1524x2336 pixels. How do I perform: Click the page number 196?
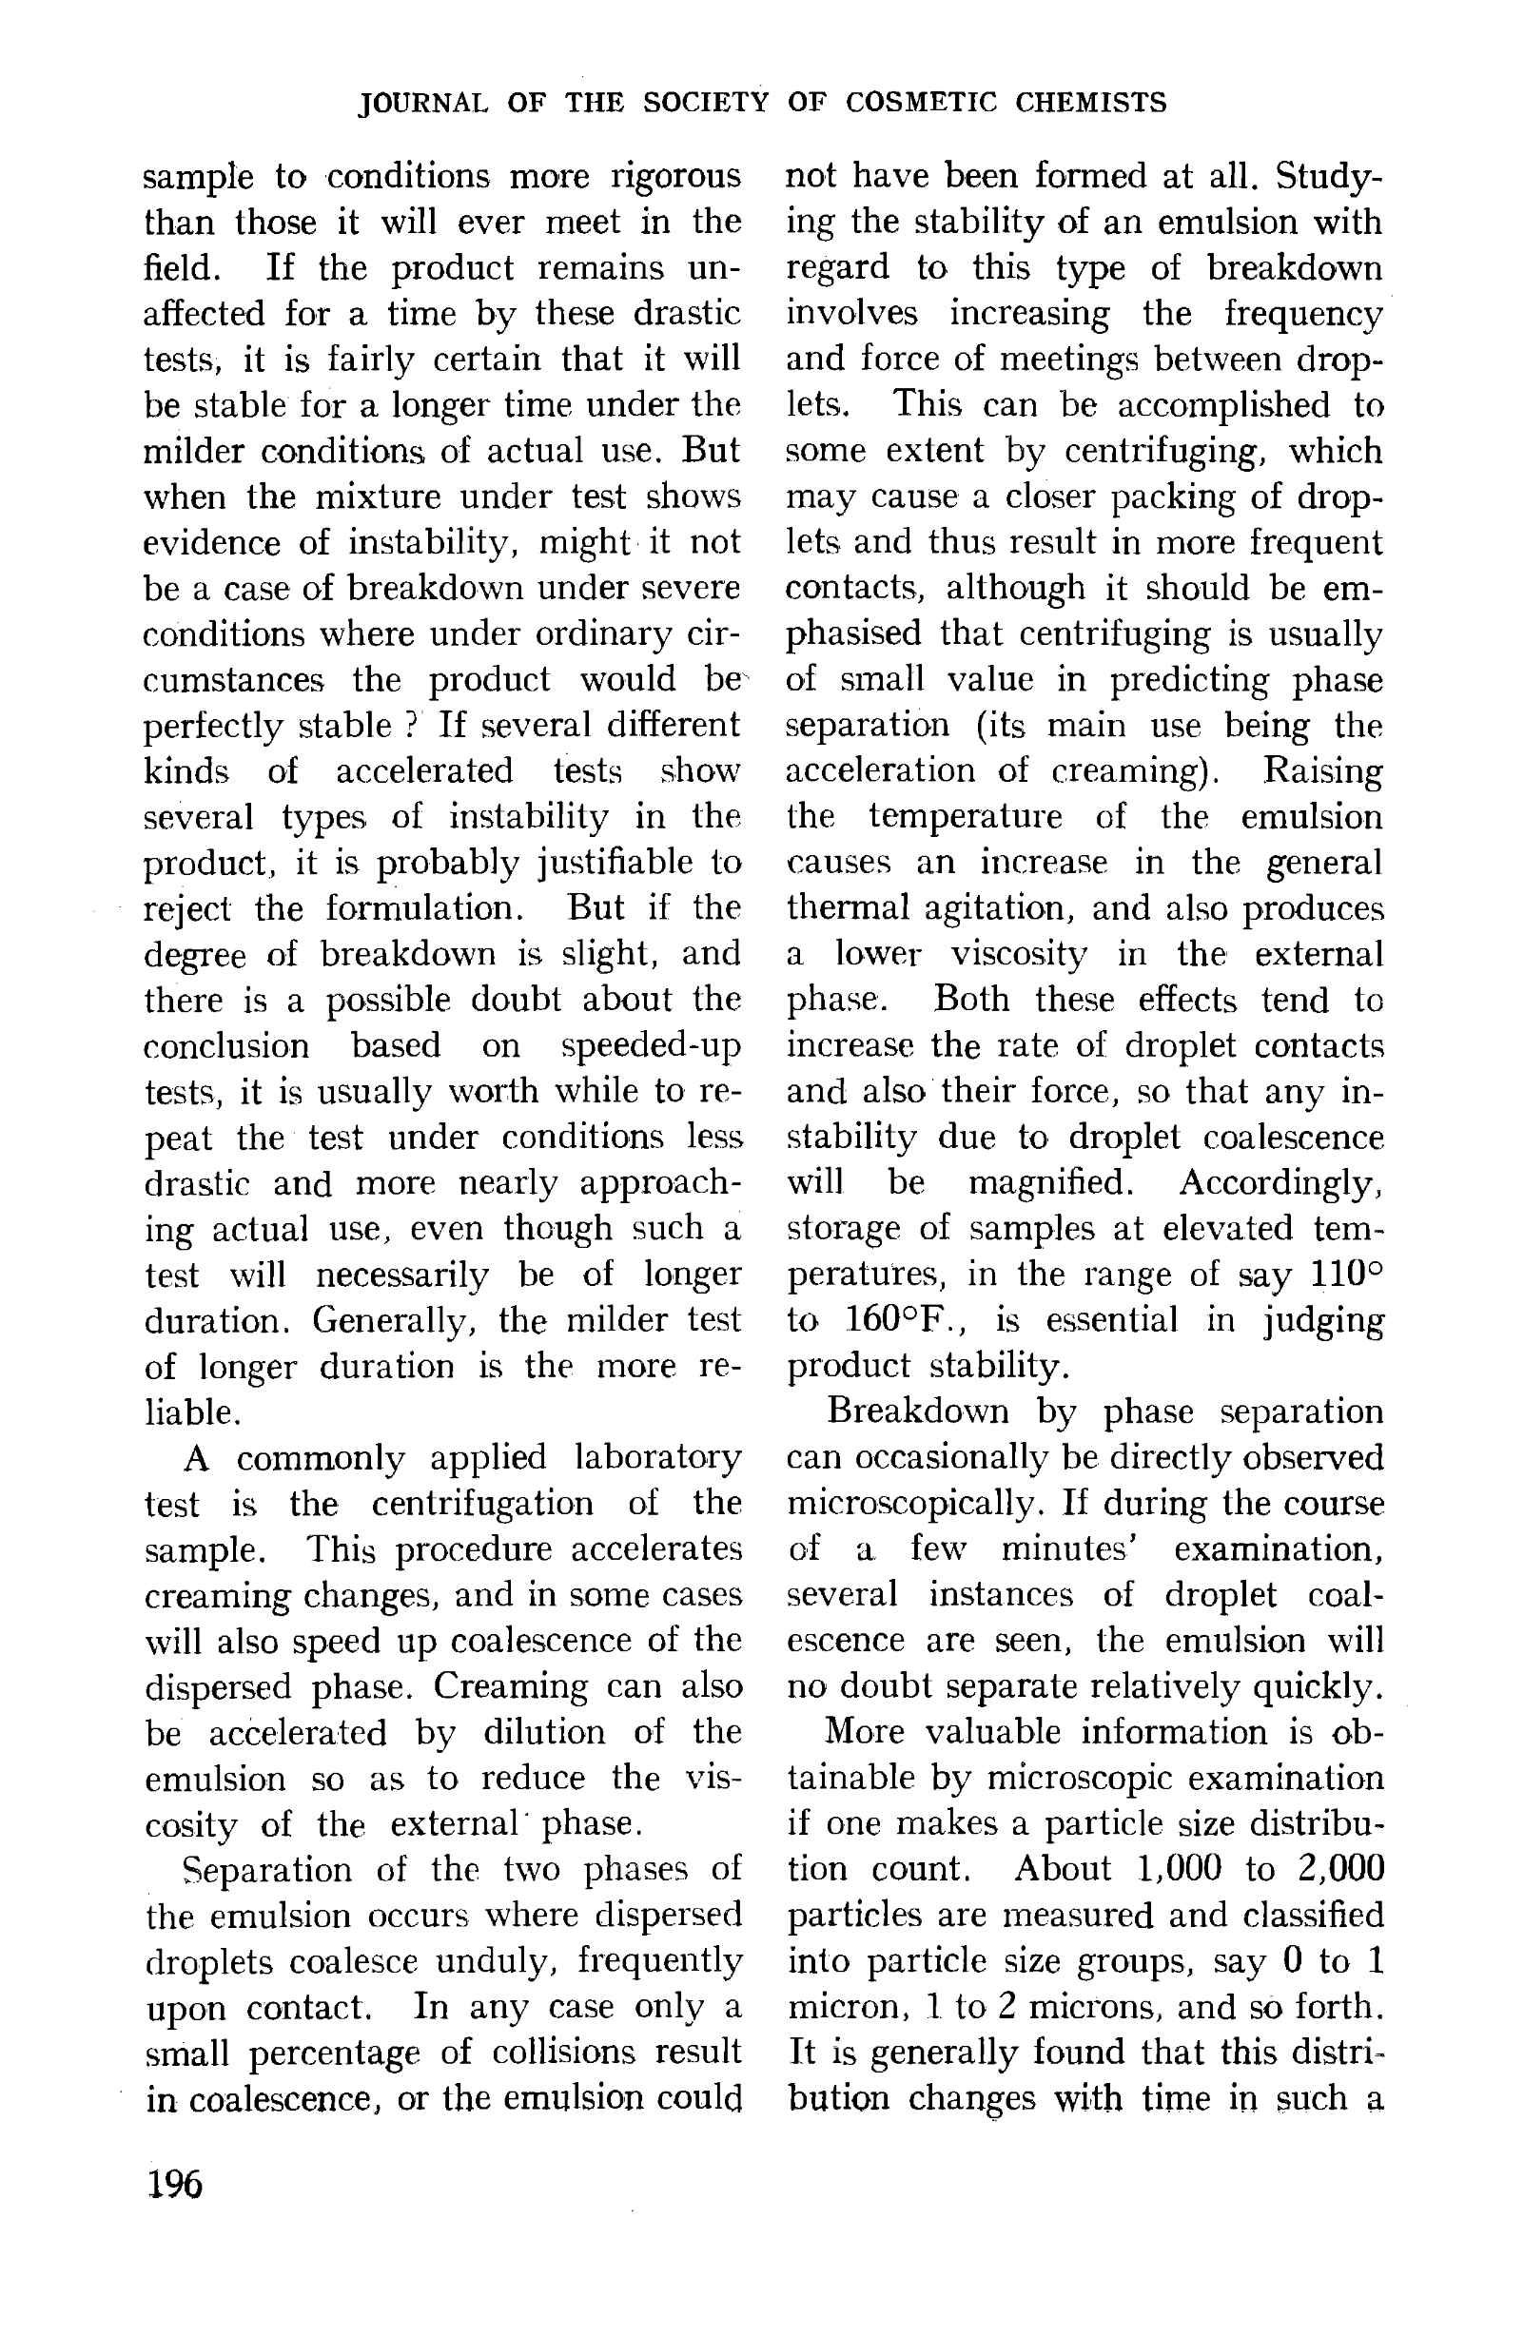click(x=174, y=2184)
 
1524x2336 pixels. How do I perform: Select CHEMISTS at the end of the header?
click(x=1090, y=103)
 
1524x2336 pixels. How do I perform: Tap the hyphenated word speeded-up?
click(x=651, y=1046)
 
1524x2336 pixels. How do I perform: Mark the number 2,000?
click(x=1339, y=1869)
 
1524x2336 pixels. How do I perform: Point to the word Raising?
click(x=1321, y=771)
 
